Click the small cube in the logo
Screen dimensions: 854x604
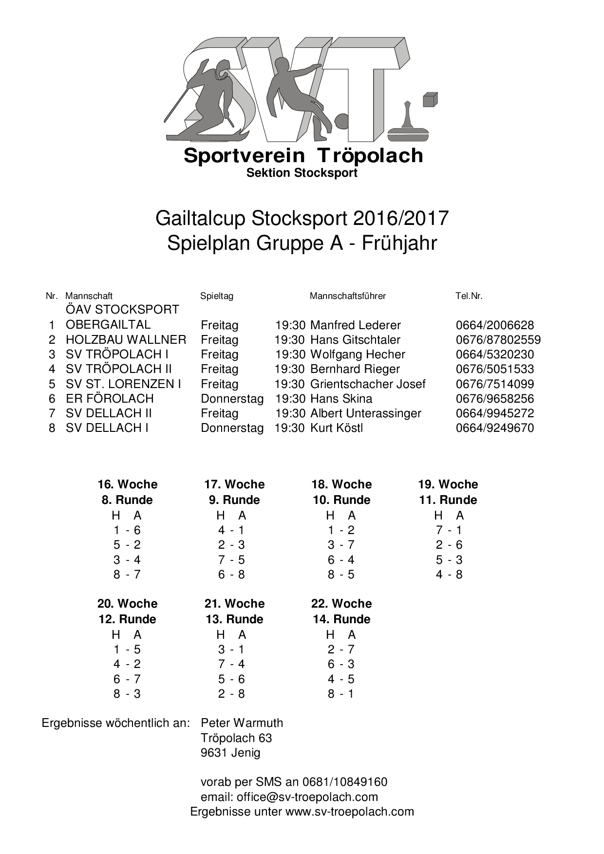tap(430, 100)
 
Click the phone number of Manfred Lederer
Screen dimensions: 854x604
tap(494, 325)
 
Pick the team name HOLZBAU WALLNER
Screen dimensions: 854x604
tap(126, 340)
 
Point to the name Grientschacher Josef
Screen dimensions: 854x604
tap(368, 384)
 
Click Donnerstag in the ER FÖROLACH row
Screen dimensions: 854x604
tap(232, 399)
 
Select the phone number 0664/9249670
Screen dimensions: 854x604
tap(494, 428)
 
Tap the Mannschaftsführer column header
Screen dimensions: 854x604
tap(347, 296)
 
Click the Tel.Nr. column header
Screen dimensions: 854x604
tap(469, 296)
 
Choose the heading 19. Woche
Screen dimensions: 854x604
tap(448, 484)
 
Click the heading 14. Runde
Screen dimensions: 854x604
tap(341, 619)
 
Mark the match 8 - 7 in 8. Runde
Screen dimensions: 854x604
tap(127, 575)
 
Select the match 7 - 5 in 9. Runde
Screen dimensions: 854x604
tap(231, 560)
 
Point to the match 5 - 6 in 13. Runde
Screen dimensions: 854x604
tap(231, 679)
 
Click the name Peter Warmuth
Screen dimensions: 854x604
tap(242, 723)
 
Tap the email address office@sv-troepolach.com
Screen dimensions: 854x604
tap(307, 797)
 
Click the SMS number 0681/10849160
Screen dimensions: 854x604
tap(345, 782)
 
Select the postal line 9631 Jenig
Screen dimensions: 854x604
tap(230, 753)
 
